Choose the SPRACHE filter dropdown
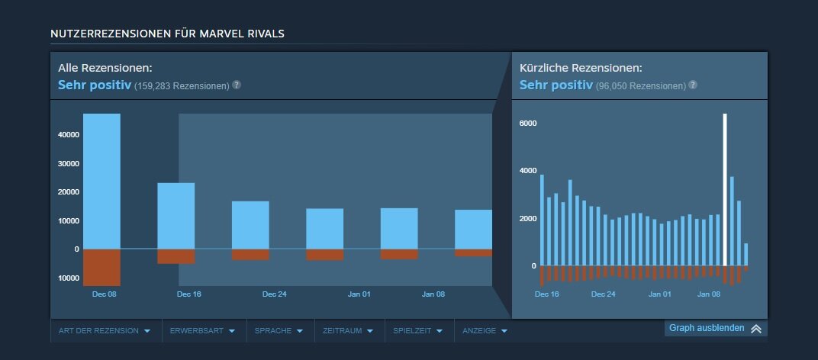point(280,331)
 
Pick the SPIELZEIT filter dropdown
point(417,331)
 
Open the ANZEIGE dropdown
point(484,331)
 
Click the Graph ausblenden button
point(715,328)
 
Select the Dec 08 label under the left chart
point(104,294)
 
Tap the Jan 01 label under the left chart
point(359,294)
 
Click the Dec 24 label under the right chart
point(603,294)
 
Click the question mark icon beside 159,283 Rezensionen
point(237,85)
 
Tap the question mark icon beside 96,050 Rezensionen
point(692,85)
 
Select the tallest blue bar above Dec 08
point(101,181)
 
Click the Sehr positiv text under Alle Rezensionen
point(95,85)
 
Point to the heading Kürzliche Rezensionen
point(581,69)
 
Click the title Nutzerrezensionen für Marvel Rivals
point(168,34)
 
